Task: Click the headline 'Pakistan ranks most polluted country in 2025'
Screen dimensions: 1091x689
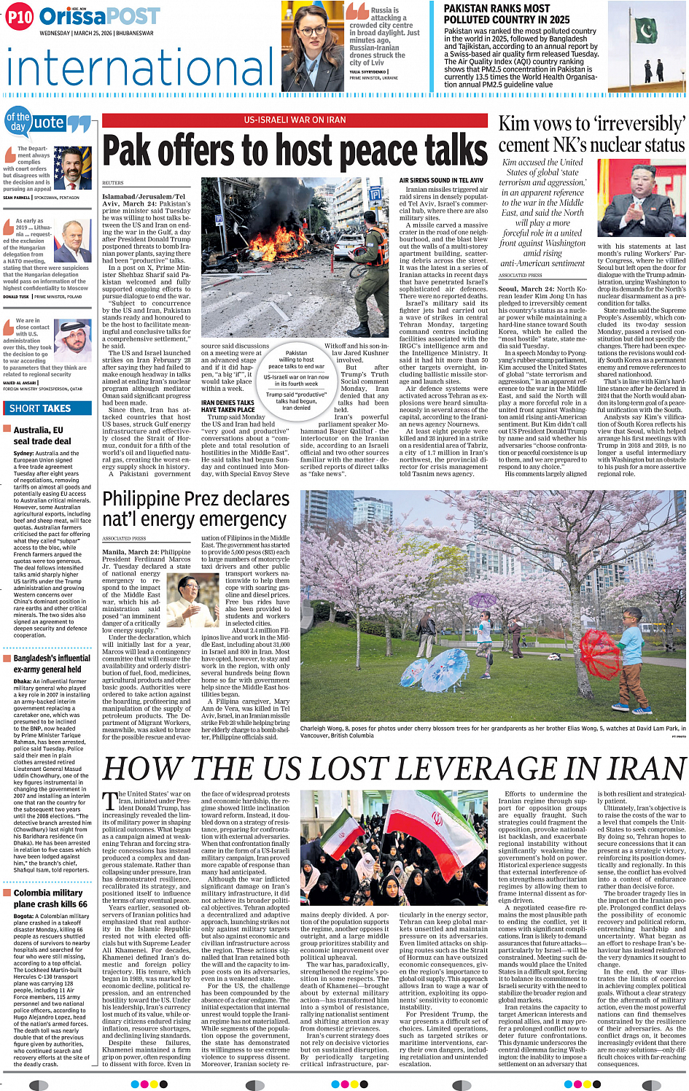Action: [507, 14]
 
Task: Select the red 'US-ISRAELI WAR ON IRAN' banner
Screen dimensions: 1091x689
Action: [295, 120]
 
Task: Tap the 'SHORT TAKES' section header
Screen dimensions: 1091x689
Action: [40, 408]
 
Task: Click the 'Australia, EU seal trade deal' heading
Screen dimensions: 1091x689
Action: [38, 435]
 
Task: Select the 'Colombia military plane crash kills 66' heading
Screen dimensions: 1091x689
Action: [48, 898]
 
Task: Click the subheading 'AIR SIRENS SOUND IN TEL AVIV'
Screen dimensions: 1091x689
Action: [441, 180]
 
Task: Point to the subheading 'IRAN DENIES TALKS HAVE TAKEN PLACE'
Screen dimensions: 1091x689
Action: [228, 406]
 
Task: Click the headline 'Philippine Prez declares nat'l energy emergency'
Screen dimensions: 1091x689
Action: [195, 509]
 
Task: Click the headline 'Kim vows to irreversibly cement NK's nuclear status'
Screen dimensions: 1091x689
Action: [591, 134]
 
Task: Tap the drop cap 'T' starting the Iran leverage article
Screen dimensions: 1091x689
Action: [109, 801]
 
